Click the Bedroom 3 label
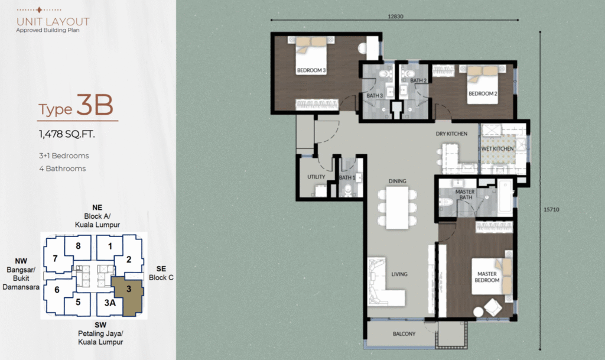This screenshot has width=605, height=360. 311,70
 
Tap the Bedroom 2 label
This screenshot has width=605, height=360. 483,93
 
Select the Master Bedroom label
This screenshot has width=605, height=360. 487,277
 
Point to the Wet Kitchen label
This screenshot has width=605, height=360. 497,148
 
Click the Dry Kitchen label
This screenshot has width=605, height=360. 451,134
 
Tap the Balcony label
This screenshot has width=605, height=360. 404,334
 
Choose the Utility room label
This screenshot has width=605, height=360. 316,177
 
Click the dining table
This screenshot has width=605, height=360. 398,207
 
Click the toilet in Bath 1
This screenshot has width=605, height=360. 347,189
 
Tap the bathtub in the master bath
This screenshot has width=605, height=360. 505,197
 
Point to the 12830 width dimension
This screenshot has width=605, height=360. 395,17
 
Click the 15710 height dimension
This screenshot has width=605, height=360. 551,209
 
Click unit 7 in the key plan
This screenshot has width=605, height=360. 55,258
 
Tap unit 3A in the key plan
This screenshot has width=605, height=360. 110,303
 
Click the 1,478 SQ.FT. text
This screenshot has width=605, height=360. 67,134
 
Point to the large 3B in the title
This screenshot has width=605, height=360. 95,105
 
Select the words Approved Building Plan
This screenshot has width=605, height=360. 48,30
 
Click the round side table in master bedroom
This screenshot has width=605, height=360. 479,312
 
